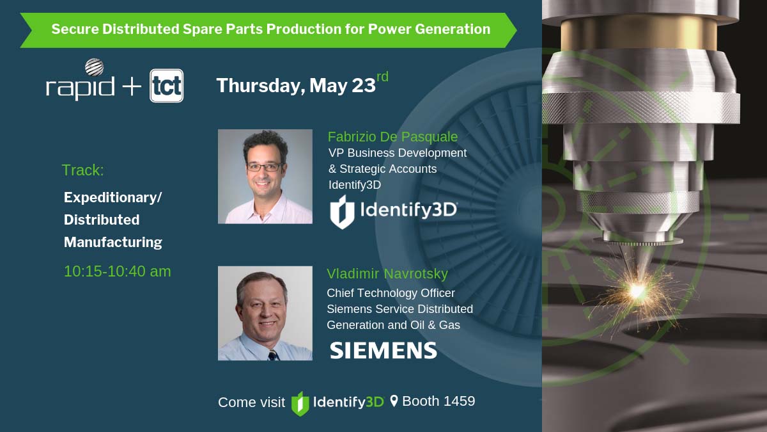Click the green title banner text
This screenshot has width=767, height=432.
coord(271,29)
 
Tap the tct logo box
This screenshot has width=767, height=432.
coord(167,86)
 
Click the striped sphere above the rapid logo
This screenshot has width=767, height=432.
coord(94,67)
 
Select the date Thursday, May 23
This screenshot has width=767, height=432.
coord(296,86)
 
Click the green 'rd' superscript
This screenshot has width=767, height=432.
coord(382,77)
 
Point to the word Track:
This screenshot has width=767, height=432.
coord(82,170)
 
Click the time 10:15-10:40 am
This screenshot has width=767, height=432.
coord(117,271)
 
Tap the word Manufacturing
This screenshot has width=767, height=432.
coord(113,243)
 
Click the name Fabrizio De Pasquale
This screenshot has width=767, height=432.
coord(392,137)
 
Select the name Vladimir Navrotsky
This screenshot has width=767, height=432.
coord(387,274)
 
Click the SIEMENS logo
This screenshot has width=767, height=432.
coord(383,350)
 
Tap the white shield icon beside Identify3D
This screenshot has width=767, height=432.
coord(342,212)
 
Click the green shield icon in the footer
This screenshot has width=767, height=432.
coord(300,404)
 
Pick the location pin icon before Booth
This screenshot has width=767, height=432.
coord(394,401)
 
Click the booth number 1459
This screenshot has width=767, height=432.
coord(459,401)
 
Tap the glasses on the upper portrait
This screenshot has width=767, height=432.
coord(265,167)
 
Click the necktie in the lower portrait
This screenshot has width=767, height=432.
coord(273,355)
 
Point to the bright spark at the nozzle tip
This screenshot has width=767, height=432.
coord(637,291)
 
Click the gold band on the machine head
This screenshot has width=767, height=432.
coord(639,33)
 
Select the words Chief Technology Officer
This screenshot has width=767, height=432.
coord(391,293)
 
